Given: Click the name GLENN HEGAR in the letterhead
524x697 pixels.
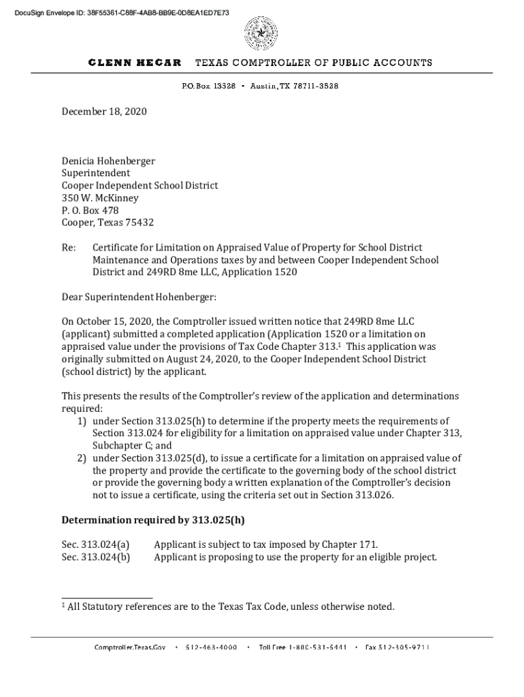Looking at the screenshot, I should point(135,63).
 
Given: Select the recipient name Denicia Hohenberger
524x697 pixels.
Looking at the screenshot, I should point(108,161).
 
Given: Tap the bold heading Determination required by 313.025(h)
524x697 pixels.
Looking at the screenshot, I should point(153,520).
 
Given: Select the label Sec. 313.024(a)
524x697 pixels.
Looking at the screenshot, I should point(95,545).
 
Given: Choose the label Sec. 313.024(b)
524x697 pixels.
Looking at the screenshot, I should point(96,557).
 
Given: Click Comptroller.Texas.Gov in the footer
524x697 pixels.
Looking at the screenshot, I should point(130,647).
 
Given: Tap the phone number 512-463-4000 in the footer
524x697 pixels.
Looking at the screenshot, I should point(211,647).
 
